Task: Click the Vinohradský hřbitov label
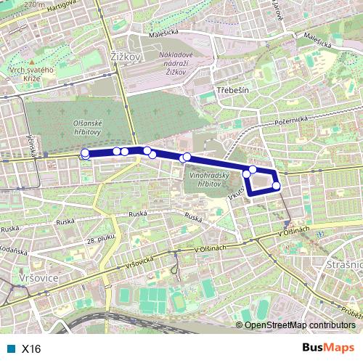pyautogui.click(x=208, y=179)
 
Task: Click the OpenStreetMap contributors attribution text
pyautogui.click(x=299, y=325)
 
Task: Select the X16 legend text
pyautogui.click(x=31, y=348)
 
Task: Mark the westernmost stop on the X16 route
pyautogui.click(x=85, y=153)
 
